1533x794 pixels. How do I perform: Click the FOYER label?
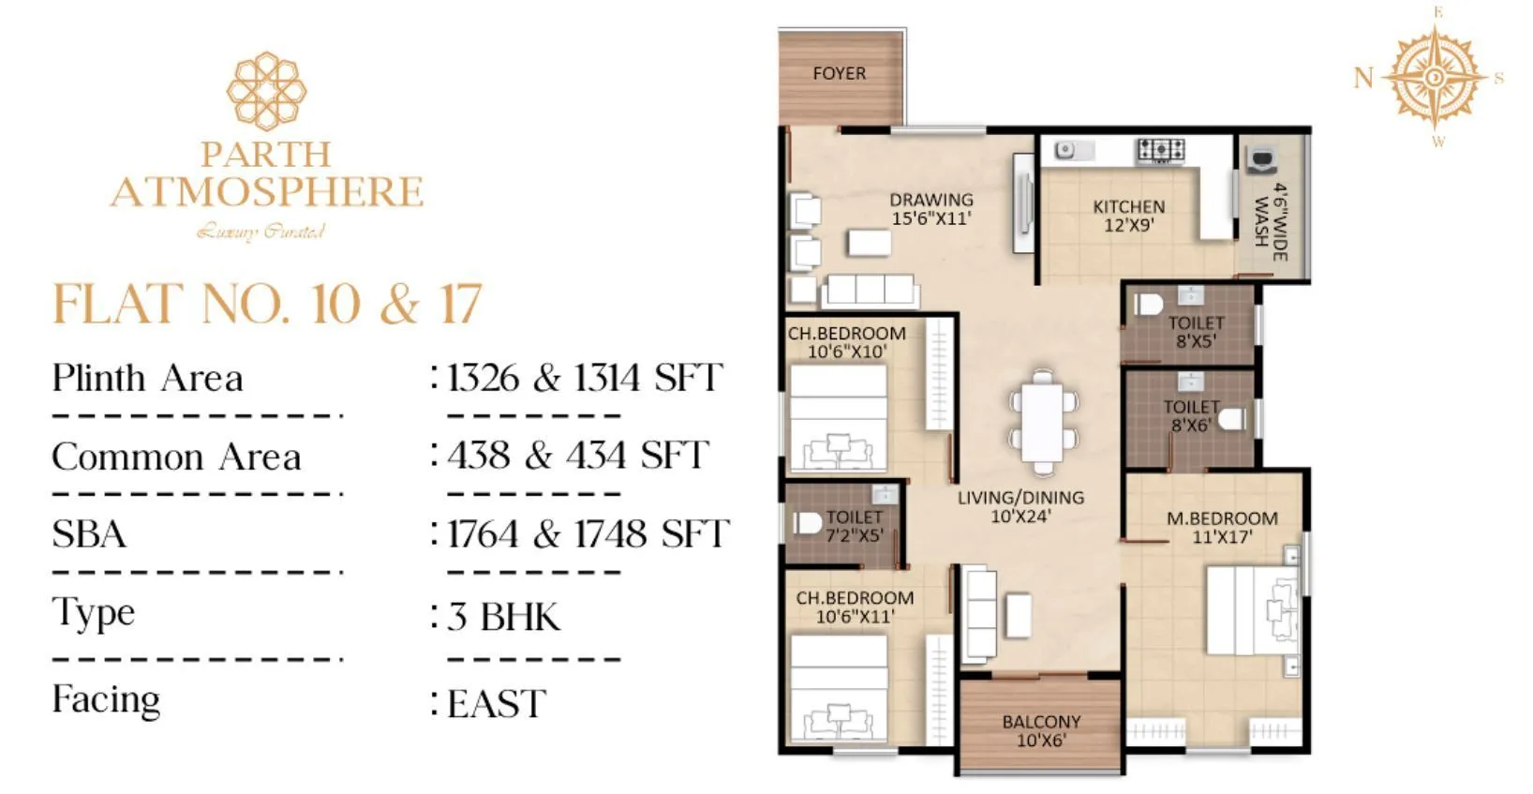click(x=839, y=73)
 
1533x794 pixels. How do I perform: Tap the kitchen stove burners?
click(x=1160, y=150)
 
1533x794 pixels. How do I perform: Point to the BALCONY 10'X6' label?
click(x=1041, y=730)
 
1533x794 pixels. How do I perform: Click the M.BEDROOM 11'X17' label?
click(x=1221, y=527)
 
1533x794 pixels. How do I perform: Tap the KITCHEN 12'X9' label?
click(x=1128, y=215)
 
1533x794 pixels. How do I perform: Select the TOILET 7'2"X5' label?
click(x=854, y=526)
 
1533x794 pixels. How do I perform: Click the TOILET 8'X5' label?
click(x=1196, y=332)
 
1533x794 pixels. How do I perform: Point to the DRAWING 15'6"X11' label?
click(x=930, y=208)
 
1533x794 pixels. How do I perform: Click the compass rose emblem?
click(x=1436, y=77)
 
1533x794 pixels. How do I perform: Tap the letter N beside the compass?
click(x=1363, y=77)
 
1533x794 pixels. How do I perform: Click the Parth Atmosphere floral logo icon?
click(x=266, y=91)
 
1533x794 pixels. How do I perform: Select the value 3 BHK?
click(x=504, y=617)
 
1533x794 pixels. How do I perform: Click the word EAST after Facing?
click(x=497, y=704)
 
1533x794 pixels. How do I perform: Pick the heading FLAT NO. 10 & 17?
click(x=267, y=304)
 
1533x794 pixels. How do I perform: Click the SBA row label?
click(x=89, y=534)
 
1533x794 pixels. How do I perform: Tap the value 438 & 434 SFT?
click(x=577, y=456)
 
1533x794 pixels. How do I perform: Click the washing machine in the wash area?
click(x=1259, y=161)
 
